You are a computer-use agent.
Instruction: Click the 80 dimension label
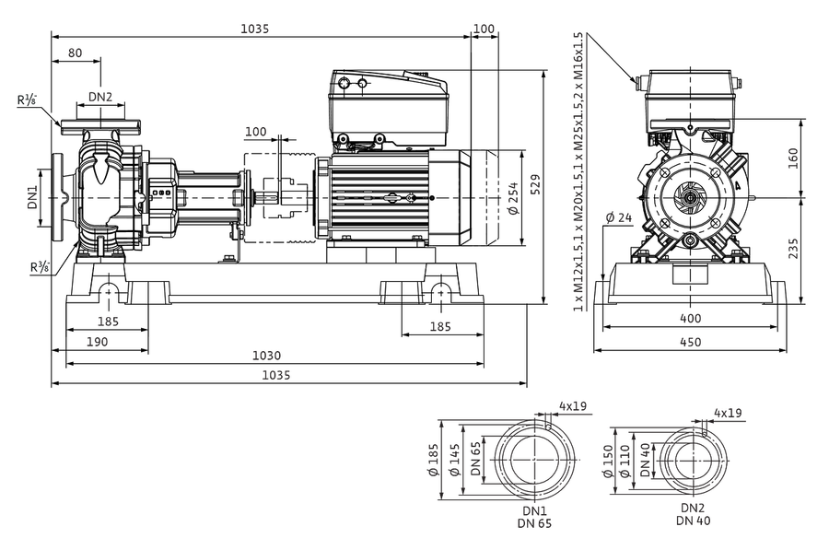(x=76, y=53)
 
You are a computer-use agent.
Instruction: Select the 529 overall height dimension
(x=535, y=184)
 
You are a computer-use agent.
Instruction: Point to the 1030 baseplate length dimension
(x=266, y=356)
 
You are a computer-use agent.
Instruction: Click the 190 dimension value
(x=97, y=342)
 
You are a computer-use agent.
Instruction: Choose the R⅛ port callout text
(x=27, y=99)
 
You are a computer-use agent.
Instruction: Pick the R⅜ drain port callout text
(x=40, y=267)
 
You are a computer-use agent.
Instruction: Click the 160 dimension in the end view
(x=793, y=158)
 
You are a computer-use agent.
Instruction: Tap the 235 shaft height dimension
(x=793, y=249)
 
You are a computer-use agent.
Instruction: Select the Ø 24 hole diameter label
(x=619, y=217)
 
